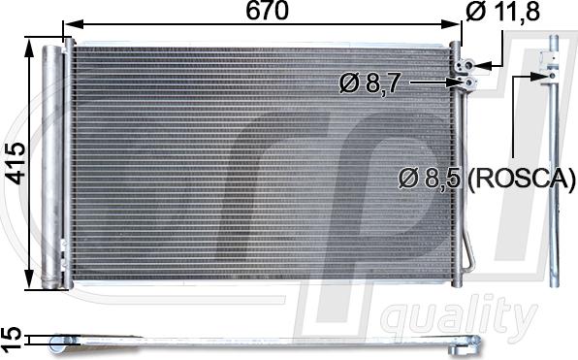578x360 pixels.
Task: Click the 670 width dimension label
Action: click(x=267, y=12)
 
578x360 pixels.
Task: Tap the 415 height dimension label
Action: click(x=16, y=163)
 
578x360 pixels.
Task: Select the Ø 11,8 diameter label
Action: click(x=502, y=12)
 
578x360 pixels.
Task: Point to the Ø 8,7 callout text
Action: click(x=369, y=83)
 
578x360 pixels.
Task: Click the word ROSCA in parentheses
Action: click(x=522, y=180)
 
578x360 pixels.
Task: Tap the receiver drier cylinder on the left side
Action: click(x=52, y=167)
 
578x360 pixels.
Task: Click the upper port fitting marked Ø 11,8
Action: click(x=466, y=66)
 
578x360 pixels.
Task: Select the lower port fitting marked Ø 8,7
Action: click(x=468, y=83)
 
